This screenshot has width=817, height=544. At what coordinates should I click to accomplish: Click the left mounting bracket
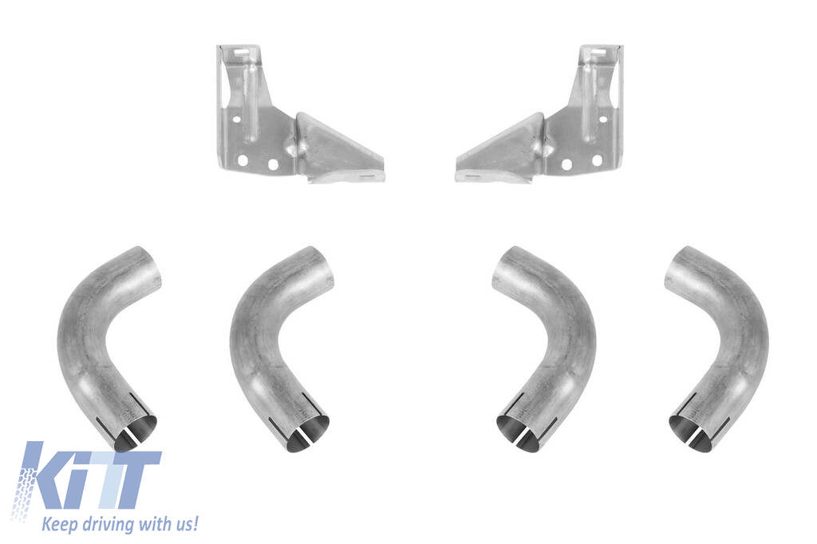[x=271, y=140]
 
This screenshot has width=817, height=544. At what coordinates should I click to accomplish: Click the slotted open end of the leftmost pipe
[x=135, y=433]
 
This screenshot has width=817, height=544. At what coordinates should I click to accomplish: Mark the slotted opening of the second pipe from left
[x=308, y=433]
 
